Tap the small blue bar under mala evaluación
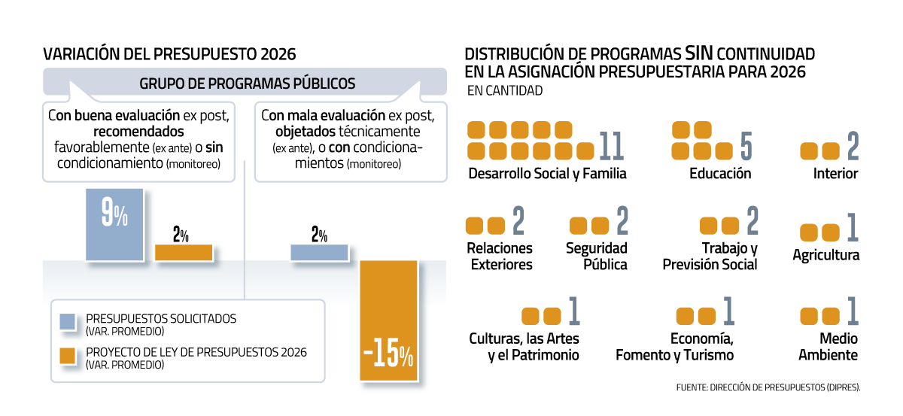click(319, 252)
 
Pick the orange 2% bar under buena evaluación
click(184, 252)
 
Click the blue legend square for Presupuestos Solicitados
click(68, 322)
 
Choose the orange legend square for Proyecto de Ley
click(68, 356)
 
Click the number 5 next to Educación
click(746, 141)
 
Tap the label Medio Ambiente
click(828, 347)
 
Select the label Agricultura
click(825, 255)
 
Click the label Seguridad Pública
click(597, 256)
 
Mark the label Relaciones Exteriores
click(500, 256)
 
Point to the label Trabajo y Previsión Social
click(710, 256)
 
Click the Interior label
click(835, 174)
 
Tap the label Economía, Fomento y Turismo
click(674, 347)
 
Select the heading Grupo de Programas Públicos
click(247, 83)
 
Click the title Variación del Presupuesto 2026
click(169, 54)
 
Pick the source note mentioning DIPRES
click(768, 387)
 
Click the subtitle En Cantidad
click(505, 91)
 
